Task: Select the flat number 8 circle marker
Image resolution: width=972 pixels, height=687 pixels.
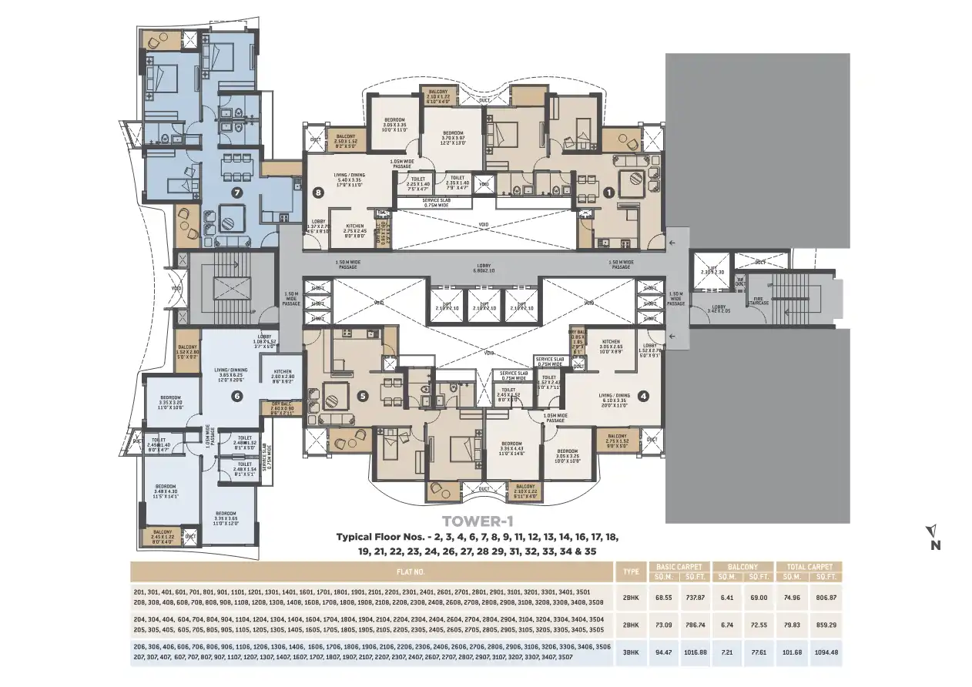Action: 317,193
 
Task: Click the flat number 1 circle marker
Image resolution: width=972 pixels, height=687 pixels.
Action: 608,193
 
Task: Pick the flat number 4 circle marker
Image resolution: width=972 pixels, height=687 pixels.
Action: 644,397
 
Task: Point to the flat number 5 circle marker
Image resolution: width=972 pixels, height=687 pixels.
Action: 363,397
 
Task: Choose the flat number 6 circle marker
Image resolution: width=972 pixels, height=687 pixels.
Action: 236,396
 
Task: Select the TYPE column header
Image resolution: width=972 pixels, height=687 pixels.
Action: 629,572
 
